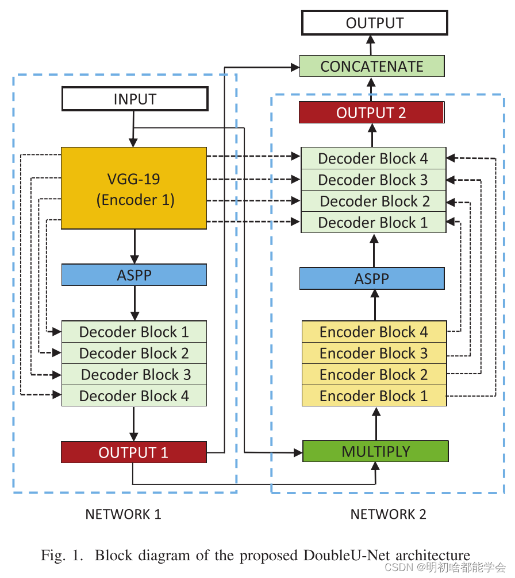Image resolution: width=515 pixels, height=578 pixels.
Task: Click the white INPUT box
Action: coord(134,99)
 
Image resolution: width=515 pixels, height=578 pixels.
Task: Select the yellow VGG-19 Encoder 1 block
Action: coord(134,189)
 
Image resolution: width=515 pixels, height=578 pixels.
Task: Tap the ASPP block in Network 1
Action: coord(134,275)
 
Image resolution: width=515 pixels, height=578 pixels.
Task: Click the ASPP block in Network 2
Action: coord(372,279)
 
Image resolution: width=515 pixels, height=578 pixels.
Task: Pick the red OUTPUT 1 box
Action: coord(134,452)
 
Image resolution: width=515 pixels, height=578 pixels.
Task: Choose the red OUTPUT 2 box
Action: coord(371,113)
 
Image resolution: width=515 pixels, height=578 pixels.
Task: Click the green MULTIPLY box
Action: coord(375,451)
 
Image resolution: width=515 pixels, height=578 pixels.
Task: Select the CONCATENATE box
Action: coord(372,66)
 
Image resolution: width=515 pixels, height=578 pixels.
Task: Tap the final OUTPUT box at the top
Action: coord(374,24)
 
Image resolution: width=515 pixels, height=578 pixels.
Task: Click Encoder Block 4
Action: coord(374,332)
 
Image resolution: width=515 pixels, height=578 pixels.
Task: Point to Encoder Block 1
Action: coord(374,396)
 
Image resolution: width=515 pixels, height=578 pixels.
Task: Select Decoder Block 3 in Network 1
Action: coord(134,375)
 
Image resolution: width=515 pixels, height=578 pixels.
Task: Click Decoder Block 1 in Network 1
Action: coord(134,332)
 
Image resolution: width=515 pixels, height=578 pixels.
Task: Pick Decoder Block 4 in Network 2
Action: coord(374,158)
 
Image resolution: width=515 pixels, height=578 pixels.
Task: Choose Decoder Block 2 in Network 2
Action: coord(374,201)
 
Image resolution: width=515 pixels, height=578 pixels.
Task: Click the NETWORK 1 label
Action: coord(123,514)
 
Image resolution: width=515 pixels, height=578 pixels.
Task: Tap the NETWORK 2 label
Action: coord(389,514)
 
